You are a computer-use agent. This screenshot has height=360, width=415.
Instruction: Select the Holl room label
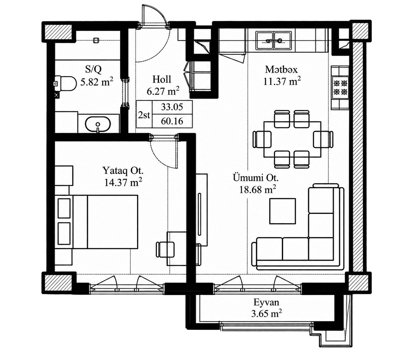(x=162, y=79)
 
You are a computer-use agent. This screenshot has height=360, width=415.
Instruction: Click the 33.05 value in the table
(x=172, y=107)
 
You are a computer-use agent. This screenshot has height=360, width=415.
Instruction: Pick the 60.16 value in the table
(x=172, y=121)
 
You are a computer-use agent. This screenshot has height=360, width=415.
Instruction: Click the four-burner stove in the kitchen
(x=340, y=88)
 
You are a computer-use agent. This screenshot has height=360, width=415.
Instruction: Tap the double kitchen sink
(x=274, y=40)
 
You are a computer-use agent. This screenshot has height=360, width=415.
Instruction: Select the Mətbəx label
(x=281, y=70)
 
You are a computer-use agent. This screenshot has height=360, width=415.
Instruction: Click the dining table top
(x=292, y=139)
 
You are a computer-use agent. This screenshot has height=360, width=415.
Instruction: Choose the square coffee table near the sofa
(x=283, y=211)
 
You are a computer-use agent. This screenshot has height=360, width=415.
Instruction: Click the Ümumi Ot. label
(x=256, y=178)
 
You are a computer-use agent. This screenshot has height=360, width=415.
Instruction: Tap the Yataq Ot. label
(x=123, y=170)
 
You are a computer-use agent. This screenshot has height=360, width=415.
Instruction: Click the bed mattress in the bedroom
(x=113, y=222)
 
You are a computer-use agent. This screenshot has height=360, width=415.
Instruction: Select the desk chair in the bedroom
(x=165, y=249)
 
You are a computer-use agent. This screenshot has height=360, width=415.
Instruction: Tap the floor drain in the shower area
(x=96, y=40)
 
